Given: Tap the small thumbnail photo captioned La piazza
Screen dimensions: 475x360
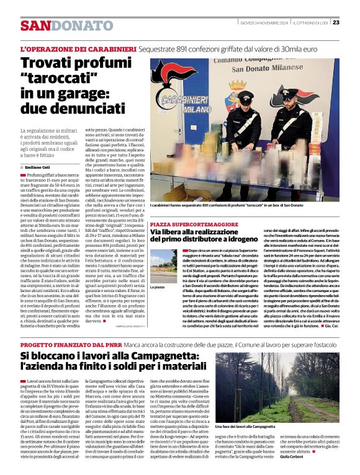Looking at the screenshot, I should (163, 266).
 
